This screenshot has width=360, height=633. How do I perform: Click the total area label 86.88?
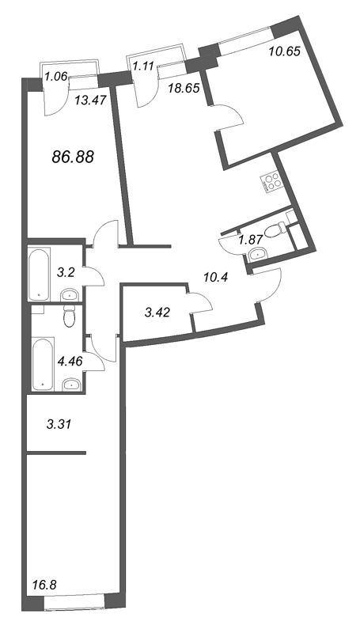pyautogui.click(x=73, y=157)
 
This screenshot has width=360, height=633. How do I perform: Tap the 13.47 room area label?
pyautogui.click(x=91, y=100)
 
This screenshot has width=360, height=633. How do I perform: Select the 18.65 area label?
pyautogui.click(x=184, y=88)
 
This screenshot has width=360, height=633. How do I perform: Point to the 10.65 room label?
pyautogui.click(x=285, y=52)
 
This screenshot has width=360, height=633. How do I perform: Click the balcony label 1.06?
pyautogui.click(x=55, y=76)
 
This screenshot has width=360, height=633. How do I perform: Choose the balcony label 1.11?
pyautogui.click(x=144, y=66)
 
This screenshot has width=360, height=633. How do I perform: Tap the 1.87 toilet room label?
pyautogui.click(x=251, y=240)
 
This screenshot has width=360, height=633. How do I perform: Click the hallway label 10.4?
pyautogui.click(x=214, y=277)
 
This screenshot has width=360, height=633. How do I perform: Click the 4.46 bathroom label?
pyautogui.click(x=70, y=361)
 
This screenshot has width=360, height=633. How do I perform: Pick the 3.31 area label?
pyautogui.click(x=59, y=424)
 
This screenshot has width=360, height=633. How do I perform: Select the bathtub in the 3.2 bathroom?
pyautogui.click(x=39, y=273)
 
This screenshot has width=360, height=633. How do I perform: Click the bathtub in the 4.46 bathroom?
pyautogui.click(x=43, y=364)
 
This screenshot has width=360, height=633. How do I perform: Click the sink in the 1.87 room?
pyautogui.click(x=256, y=255)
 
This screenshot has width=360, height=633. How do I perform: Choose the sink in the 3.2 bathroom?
pyautogui.click(x=70, y=295)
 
